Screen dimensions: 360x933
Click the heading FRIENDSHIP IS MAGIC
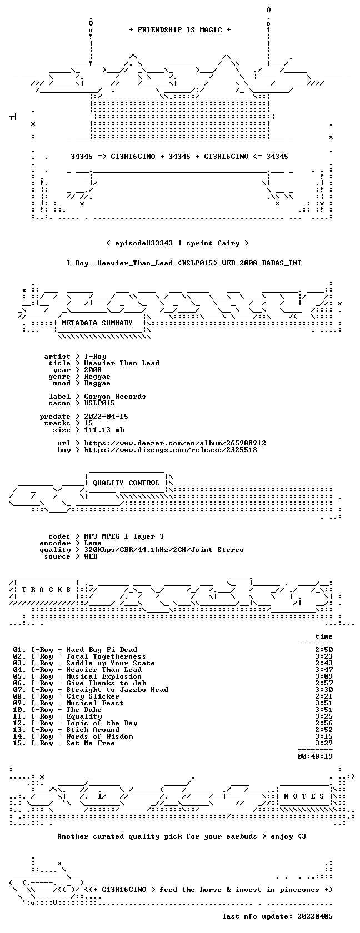pos(179,30)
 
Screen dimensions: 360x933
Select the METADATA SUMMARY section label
pos(97,323)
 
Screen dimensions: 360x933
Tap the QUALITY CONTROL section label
pos(126,483)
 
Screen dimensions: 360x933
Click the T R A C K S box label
pos(46,590)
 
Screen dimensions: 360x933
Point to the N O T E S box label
pos(304,796)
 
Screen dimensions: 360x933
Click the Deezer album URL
pos(175,443)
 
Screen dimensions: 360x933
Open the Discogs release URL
pos(171,450)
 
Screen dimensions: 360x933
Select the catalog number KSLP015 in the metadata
pos(99,403)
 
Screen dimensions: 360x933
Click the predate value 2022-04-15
pos(106,417)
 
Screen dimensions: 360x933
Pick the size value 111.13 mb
pos(104,430)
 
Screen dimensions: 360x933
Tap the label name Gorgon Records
pos(115,397)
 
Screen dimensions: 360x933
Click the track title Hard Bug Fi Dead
pos(102,650)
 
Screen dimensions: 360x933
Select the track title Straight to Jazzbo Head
pos(117,690)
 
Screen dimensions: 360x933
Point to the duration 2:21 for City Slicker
pos(324,696)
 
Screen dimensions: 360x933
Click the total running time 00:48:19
pos(315,756)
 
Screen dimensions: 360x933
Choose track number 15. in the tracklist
pos(19,743)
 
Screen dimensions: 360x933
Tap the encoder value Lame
pos(93,543)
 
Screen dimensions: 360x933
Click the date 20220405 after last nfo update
pos(315,916)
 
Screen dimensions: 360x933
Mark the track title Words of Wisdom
pos(99,736)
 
